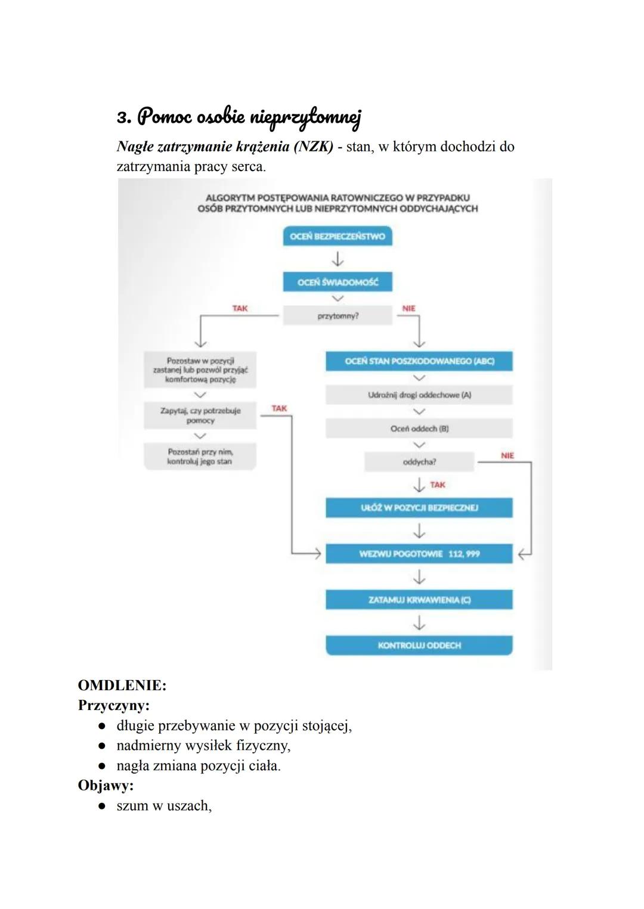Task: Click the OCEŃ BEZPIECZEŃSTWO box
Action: point(338,236)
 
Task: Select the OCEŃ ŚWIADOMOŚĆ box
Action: point(338,282)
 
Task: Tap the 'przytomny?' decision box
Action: point(338,316)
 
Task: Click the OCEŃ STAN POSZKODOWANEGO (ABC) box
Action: point(419,361)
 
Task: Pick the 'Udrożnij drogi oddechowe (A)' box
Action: point(419,395)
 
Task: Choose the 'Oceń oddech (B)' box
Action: point(419,429)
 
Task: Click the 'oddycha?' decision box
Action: point(419,461)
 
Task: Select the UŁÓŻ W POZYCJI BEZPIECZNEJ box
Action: point(419,508)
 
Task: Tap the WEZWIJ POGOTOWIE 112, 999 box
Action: point(419,554)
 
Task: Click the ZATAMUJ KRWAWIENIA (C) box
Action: point(419,600)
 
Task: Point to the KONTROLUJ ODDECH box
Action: point(419,646)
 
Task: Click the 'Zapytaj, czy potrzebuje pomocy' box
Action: point(200,415)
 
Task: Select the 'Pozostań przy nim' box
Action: point(200,457)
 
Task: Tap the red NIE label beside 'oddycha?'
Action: point(507,455)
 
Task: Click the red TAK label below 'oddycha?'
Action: point(438,485)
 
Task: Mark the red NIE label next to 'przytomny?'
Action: point(409,308)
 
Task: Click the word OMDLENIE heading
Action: point(122,685)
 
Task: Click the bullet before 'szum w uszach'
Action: point(103,806)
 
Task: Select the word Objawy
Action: point(106,786)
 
